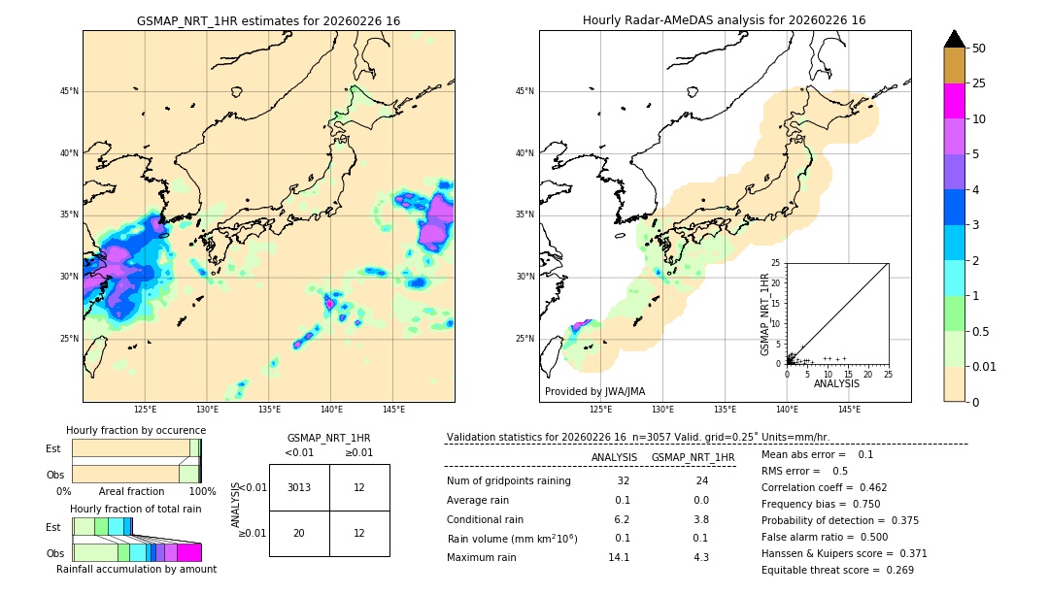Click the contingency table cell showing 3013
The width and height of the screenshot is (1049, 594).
[298, 487]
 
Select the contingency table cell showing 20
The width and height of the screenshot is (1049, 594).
[298, 533]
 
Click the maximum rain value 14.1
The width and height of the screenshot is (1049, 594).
[619, 557]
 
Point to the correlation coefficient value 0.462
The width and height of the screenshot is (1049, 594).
[867, 487]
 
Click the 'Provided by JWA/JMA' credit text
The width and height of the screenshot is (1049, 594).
[594, 392]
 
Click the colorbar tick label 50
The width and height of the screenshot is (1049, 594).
[979, 49]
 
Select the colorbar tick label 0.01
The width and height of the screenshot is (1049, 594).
[984, 366]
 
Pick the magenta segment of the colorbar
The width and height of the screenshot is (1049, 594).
[954, 101]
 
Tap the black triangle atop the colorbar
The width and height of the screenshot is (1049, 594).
[954, 39]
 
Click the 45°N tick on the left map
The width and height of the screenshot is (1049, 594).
[69, 91]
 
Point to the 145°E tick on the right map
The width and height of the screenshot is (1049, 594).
[849, 410]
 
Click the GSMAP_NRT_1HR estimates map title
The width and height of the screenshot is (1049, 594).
[268, 20]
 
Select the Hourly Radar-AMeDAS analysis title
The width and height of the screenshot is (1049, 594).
[724, 20]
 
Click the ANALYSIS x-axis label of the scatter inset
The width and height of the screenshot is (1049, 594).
[836, 383]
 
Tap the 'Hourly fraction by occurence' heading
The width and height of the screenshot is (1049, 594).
[136, 430]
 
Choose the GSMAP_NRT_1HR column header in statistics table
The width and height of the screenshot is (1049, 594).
[693, 457]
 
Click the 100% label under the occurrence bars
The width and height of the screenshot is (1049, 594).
[202, 492]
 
